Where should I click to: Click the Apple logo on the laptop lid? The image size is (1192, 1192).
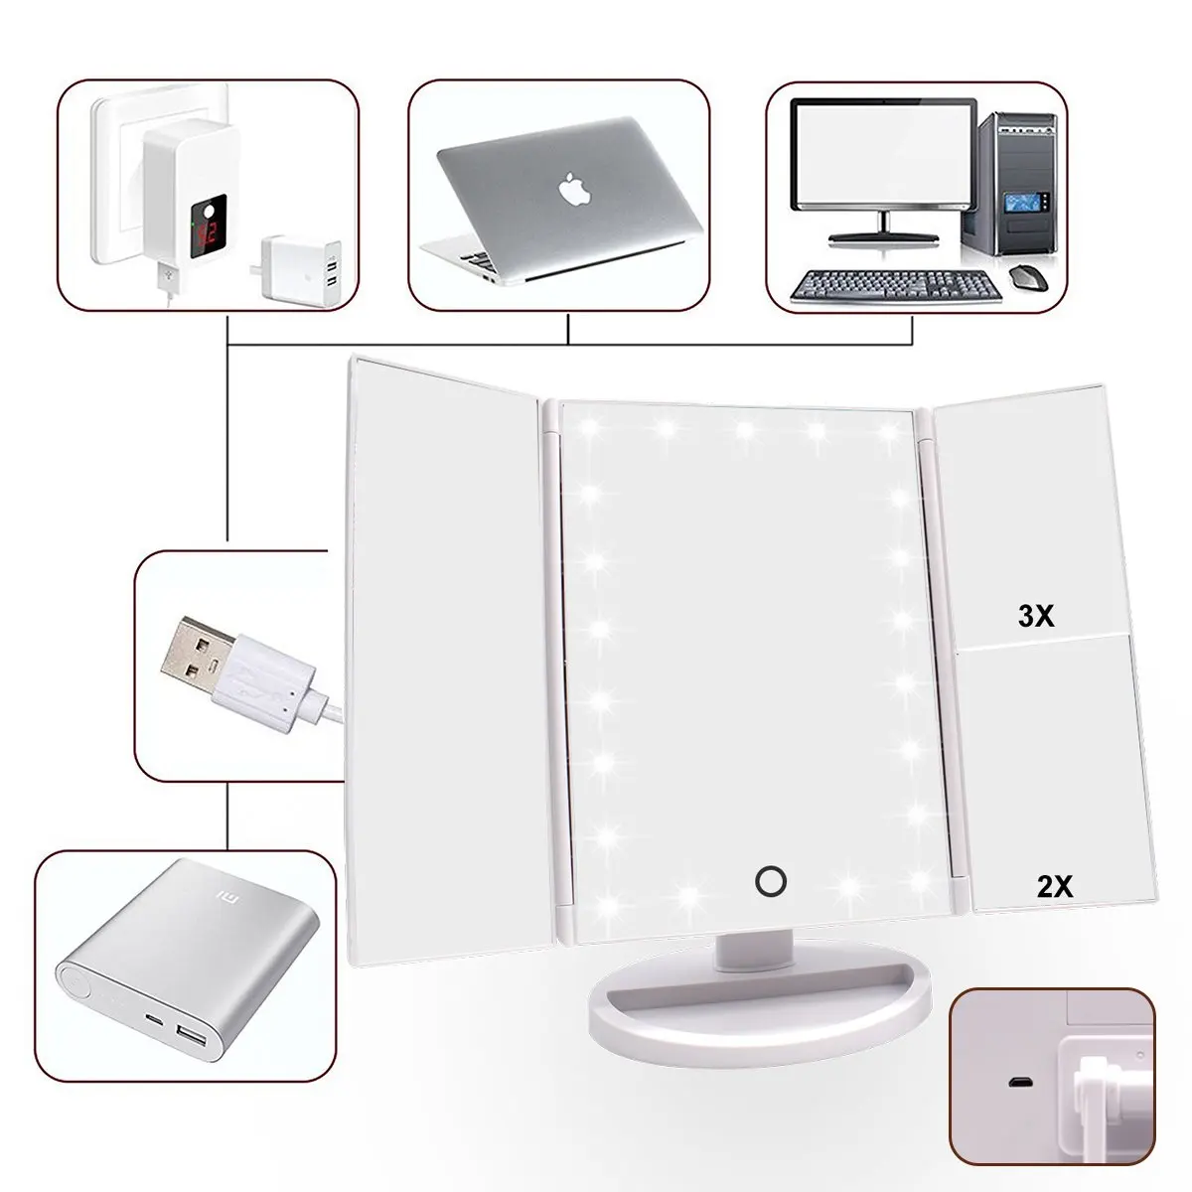pyautogui.click(x=575, y=190)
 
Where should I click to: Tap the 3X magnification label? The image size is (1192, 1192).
pyautogui.click(x=1035, y=615)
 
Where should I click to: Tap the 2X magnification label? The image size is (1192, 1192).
pyautogui.click(x=1055, y=886)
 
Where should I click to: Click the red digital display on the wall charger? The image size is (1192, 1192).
pyautogui.click(x=208, y=233)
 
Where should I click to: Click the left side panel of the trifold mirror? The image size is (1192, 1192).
pyautogui.click(x=450, y=661)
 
